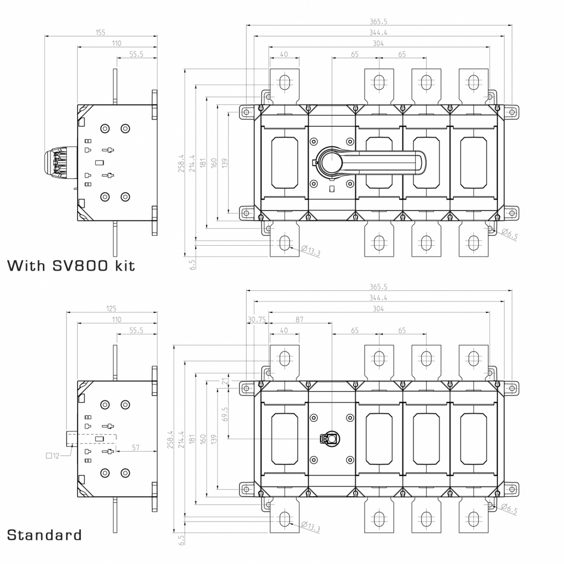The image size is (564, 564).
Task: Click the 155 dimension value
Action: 100,32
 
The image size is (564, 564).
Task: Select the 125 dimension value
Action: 111,308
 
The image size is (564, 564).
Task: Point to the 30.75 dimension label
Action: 257,319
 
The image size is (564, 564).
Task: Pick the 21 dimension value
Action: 224,381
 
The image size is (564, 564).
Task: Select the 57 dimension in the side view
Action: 137,448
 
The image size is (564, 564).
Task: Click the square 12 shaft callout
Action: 52,455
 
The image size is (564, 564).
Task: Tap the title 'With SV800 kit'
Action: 71,266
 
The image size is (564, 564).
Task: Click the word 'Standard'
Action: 45,534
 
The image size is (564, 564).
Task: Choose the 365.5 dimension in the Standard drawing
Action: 378,286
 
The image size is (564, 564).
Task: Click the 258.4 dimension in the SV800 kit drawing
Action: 181,164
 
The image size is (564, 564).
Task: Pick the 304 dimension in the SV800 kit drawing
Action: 378,44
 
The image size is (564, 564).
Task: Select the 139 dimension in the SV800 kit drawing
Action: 224,163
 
